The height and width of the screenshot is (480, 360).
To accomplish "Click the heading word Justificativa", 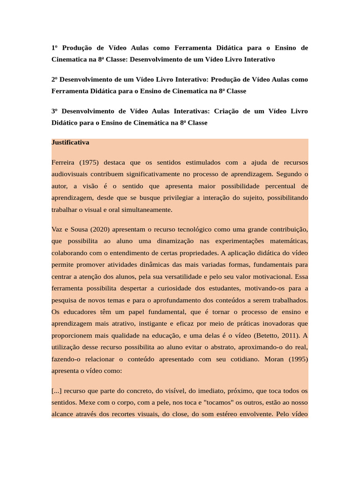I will [x=70, y=142].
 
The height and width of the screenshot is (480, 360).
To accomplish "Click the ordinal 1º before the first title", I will [x=54, y=48].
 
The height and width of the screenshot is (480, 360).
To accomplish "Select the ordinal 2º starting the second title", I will [x=54, y=79].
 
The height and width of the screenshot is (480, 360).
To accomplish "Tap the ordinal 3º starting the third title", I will [x=54, y=111].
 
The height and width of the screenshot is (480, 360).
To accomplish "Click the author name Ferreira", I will [x=63, y=163].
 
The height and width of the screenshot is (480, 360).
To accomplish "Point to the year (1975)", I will [x=89, y=163].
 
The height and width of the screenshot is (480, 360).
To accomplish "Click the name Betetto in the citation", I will [x=266, y=336].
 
